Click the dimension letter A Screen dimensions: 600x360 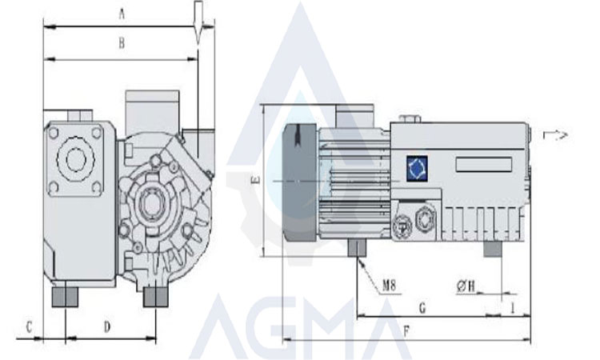(x=122, y=14)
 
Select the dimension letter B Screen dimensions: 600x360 (x=122, y=43)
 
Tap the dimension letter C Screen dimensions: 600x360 (x=29, y=327)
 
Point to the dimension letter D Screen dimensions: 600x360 (x=107, y=326)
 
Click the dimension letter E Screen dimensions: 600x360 (x=256, y=179)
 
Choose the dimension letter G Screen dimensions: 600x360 (x=422, y=308)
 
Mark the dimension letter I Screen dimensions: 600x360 (x=513, y=308)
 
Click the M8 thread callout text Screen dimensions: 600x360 (x=389, y=285)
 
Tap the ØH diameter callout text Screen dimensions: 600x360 (x=466, y=286)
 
